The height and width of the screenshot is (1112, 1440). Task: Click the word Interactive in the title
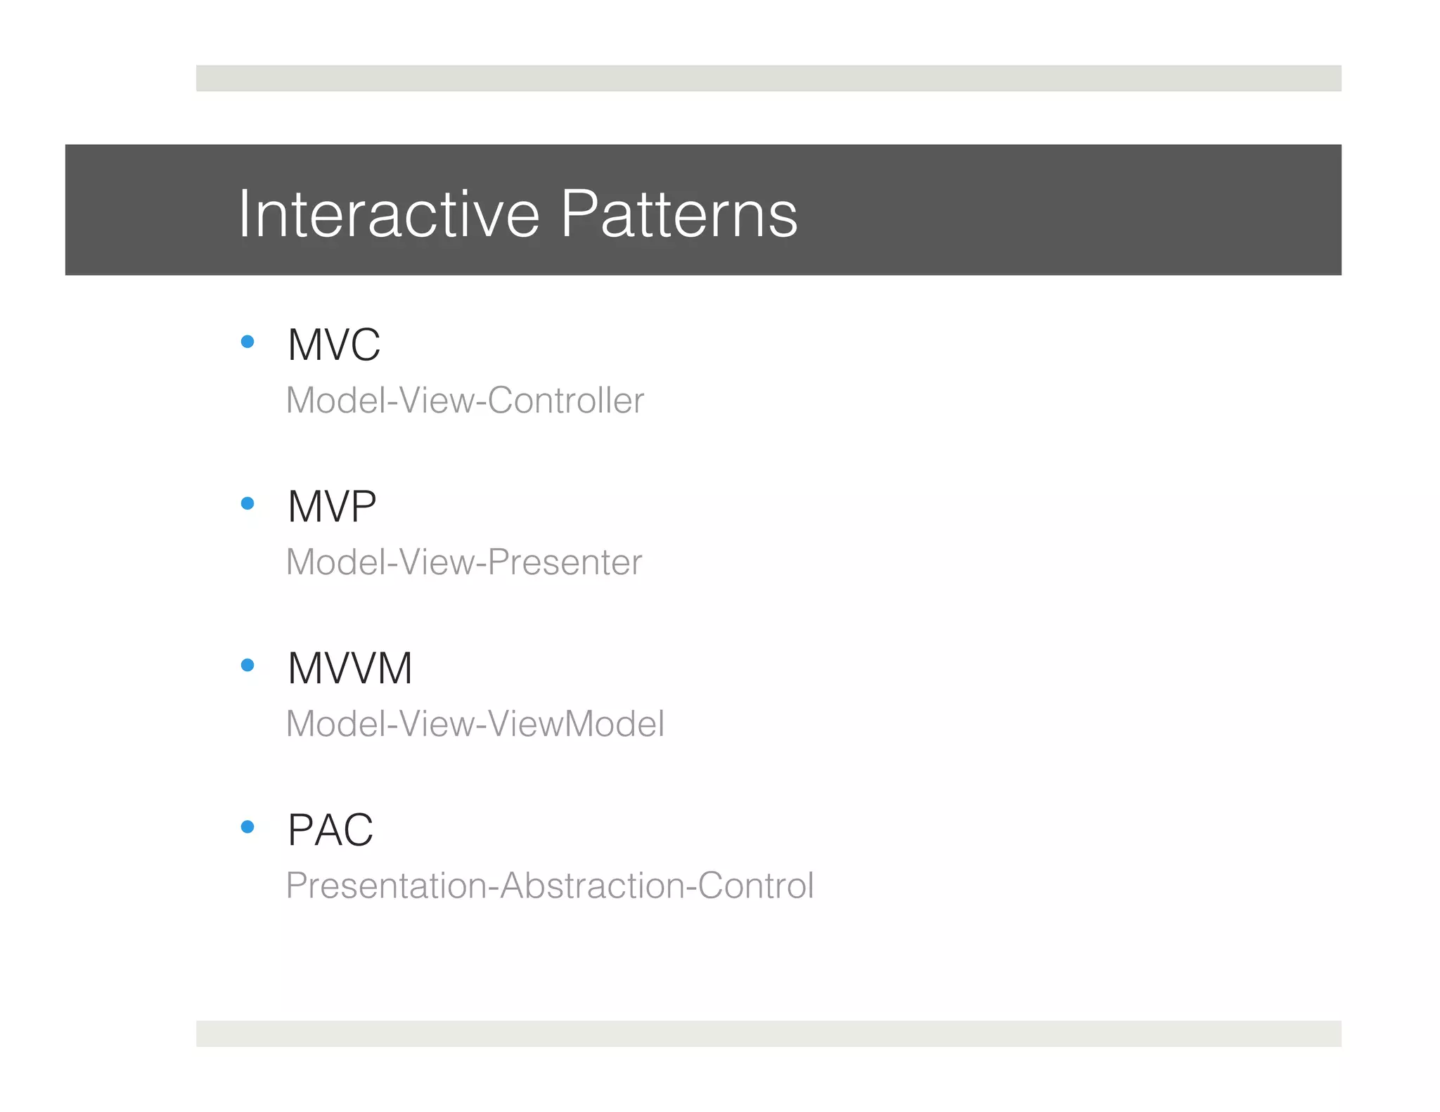[x=389, y=214]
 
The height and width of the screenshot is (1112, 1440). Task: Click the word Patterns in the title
[x=679, y=214]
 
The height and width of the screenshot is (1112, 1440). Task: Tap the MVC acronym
[x=334, y=345]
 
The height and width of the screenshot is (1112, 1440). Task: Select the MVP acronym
[x=332, y=507]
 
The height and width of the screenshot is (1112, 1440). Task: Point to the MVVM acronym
[x=349, y=668]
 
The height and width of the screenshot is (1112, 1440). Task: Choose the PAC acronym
[x=330, y=830]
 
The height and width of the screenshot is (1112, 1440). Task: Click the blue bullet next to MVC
[x=247, y=342]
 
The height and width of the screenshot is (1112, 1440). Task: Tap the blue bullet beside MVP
[x=247, y=503]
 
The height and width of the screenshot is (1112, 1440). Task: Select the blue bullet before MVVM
[x=247, y=665]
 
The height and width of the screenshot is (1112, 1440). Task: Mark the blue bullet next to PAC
[x=247, y=827]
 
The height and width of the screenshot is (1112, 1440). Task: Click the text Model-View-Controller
[x=465, y=401]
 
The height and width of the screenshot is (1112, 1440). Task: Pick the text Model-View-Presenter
[x=464, y=562]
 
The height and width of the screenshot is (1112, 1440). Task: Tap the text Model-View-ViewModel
[x=475, y=724]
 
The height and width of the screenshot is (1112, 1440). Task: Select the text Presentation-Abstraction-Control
[x=550, y=886]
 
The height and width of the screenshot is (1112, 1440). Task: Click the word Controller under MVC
[x=565, y=401]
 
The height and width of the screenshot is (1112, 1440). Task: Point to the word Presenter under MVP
[x=565, y=562]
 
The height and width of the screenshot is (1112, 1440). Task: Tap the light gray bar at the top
[x=769, y=78]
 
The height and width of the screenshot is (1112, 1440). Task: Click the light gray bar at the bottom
[x=769, y=1033]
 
